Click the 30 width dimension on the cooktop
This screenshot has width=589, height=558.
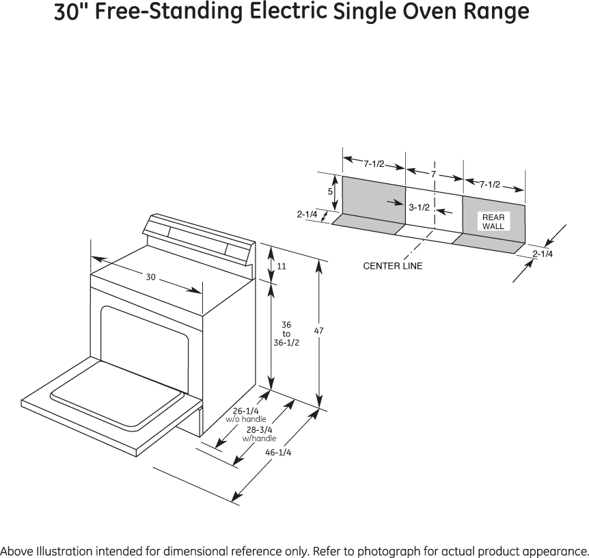150,277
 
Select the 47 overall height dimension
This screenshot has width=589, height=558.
318,331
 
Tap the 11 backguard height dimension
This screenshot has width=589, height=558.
281,265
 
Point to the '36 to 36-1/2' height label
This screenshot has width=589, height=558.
286,334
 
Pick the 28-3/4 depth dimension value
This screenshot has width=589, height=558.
260,429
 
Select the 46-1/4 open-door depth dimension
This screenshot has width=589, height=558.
278,453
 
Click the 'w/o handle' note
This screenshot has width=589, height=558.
246,419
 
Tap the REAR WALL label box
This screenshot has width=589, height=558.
493,222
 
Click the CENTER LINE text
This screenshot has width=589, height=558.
392,265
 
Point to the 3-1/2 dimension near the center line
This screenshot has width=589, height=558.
418,207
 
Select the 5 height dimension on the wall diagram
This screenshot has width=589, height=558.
330,192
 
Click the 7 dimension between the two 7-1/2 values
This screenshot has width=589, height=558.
433,175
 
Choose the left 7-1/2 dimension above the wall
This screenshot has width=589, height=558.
373,163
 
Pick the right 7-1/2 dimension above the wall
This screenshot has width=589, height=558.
489,184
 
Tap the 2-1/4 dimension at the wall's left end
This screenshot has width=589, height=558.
307,214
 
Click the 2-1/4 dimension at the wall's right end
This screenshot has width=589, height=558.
543,254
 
